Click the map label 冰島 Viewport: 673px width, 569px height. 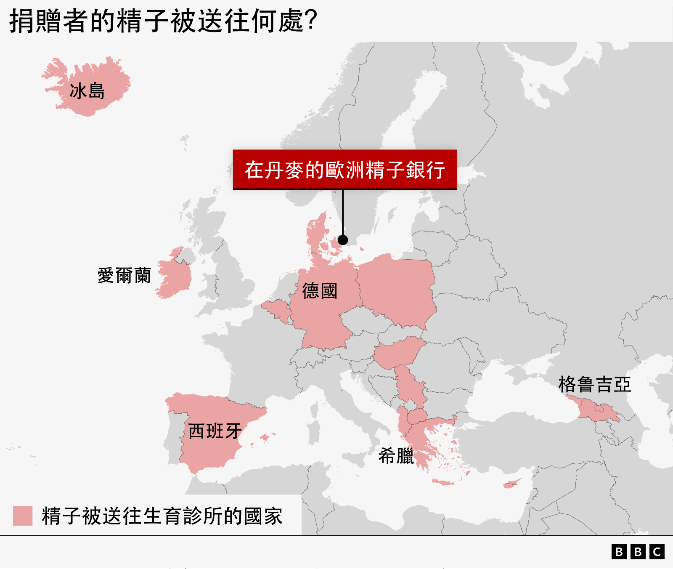pyautogui.click(x=87, y=91)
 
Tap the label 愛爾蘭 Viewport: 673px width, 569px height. pyautogui.click(x=124, y=276)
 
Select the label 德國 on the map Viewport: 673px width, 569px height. pyautogui.click(x=320, y=291)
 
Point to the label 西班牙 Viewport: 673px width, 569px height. pyautogui.click(x=215, y=431)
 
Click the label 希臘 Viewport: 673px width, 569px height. pyautogui.click(x=396, y=456)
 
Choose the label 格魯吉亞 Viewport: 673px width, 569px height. pyautogui.click(x=594, y=384)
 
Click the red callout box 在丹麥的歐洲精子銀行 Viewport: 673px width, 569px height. pyautogui.click(x=344, y=170)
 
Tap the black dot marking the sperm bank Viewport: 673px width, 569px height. pyautogui.click(x=343, y=240)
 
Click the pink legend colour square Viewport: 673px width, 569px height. pyautogui.click(x=23, y=516)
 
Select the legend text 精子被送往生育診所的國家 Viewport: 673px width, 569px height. pyautogui.click(x=162, y=516)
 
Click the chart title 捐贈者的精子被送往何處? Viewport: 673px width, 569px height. pyautogui.click(x=163, y=21)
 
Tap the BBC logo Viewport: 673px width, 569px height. pyautogui.click(x=638, y=552)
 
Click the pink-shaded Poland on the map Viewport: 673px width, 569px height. pyautogui.click(x=397, y=290)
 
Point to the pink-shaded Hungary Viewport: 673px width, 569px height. pyautogui.click(x=397, y=353)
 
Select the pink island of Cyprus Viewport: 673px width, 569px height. pyautogui.click(x=511, y=484)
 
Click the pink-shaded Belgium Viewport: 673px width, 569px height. pyautogui.click(x=276, y=309)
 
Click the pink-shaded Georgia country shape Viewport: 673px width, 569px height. pyautogui.click(x=597, y=410)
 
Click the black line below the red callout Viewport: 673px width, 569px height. pyautogui.click(x=343, y=213)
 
